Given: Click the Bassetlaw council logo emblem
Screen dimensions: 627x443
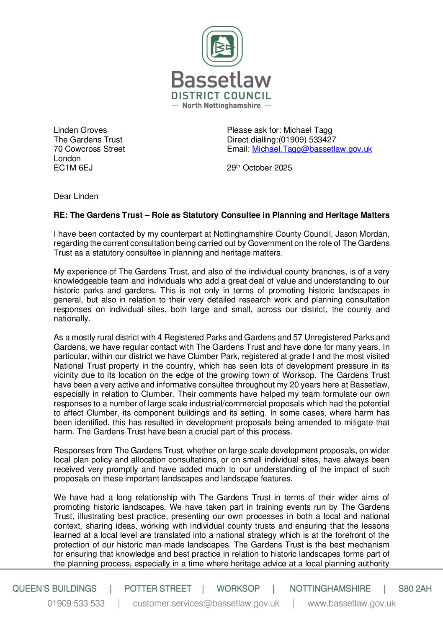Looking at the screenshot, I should click(x=222, y=46).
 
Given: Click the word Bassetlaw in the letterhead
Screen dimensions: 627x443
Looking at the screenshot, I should click(x=221, y=80).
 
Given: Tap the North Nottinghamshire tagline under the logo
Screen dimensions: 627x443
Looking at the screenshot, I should click(x=221, y=106).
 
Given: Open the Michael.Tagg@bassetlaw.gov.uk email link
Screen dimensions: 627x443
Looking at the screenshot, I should click(x=312, y=149).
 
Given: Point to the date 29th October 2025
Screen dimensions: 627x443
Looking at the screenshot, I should click(x=260, y=168).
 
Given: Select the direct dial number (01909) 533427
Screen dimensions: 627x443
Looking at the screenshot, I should click(x=307, y=140).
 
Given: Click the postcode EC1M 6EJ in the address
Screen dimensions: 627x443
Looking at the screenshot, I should click(x=73, y=168).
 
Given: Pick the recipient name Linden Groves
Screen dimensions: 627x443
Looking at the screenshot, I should click(x=80, y=130).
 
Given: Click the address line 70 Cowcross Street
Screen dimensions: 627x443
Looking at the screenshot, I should click(x=89, y=149).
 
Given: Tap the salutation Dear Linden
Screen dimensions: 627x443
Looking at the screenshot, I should click(x=76, y=196).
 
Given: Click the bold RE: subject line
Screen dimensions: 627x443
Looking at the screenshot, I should click(x=221, y=215).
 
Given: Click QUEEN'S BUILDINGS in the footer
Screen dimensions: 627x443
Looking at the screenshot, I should click(x=54, y=589).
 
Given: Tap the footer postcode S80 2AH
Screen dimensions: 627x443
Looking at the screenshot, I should click(x=415, y=589).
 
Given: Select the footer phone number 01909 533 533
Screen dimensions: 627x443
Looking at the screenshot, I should click(x=76, y=604).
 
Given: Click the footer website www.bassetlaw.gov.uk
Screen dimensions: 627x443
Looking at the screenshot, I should click(x=351, y=604).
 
